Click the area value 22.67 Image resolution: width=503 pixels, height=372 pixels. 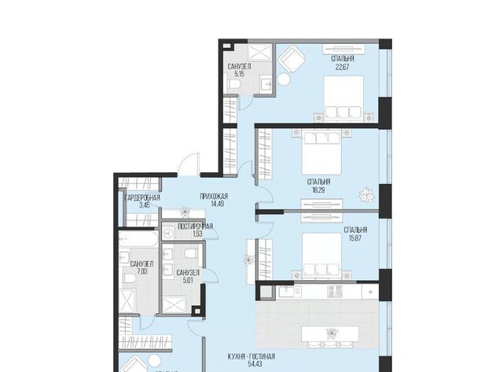343,67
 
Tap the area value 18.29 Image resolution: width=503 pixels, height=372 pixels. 318,190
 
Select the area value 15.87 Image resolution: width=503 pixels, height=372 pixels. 355,238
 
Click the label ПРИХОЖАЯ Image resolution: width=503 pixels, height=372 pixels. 214,196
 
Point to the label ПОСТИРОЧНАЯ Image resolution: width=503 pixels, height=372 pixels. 196,227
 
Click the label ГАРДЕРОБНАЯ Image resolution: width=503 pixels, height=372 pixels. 142,197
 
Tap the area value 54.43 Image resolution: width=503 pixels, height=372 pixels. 254,364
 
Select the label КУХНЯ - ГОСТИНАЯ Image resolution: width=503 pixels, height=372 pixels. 251,356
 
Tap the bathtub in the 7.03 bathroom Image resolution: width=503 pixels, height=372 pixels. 138,239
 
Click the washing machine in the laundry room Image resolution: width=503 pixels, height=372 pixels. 167,233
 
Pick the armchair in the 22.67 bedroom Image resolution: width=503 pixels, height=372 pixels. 292,60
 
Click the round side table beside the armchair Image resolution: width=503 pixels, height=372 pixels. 284,79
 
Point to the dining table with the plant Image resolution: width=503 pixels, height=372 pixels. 330,334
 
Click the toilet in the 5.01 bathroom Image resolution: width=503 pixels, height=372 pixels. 190,254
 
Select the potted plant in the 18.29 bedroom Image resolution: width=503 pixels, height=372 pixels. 366,194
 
